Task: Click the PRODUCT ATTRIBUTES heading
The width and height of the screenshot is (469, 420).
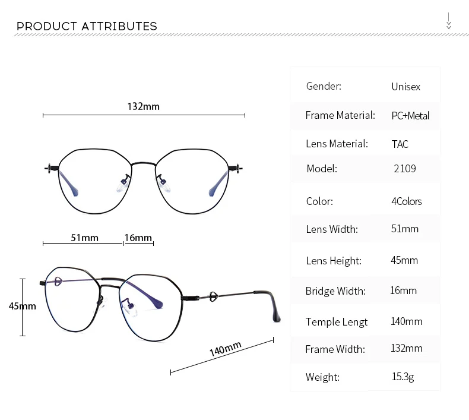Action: tap(87, 26)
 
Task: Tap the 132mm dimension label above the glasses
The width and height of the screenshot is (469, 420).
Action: tap(143, 106)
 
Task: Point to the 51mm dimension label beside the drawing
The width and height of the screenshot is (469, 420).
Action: tap(84, 238)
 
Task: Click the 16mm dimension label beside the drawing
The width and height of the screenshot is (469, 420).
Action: tap(138, 238)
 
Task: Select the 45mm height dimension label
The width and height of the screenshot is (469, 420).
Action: tap(23, 306)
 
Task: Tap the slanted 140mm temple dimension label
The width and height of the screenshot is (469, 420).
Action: tap(225, 349)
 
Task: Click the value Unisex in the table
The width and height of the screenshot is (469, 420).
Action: tap(406, 87)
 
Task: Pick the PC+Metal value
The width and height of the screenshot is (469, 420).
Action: tap(410, 116)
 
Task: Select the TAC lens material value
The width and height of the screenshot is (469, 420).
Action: tap(400, 144)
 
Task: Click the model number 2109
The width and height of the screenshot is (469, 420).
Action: tap(405, 169)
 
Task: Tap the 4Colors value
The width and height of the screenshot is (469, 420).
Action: tap(407, 201)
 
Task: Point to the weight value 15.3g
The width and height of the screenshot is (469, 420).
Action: tap(403, 377)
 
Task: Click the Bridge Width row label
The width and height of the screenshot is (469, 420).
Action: tap(335, 291)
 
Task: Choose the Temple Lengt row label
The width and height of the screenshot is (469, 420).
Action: tap(336, 323)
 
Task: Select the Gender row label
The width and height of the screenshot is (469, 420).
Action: tap(324, 86)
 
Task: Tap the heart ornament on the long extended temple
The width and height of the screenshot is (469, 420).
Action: tap(213, 296)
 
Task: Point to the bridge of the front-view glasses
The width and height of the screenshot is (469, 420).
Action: tap(143, 164)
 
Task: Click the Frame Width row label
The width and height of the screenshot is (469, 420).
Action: tap(335, 349)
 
